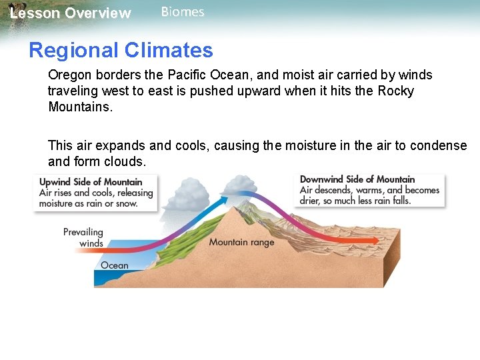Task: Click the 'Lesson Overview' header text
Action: point(71,13)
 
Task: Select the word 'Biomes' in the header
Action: point(183,12)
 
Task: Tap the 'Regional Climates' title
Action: point(121,50)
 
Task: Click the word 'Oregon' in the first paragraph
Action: point(70,75)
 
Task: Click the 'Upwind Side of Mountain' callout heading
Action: point(91,182)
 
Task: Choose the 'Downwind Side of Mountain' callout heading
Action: point(357,179)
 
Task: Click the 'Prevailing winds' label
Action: point(83,237)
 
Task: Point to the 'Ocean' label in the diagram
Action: point(114,265)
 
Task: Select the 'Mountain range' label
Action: point(241,242)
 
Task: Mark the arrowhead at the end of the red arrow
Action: point(373,239)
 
